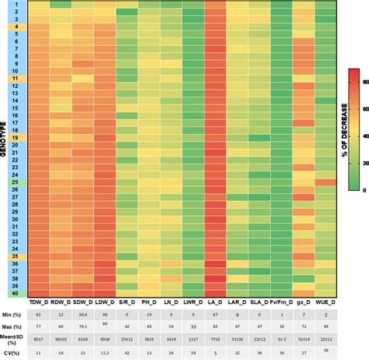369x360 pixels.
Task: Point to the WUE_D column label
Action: coord(326,301)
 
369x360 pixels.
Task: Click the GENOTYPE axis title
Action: coord(5,148)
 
